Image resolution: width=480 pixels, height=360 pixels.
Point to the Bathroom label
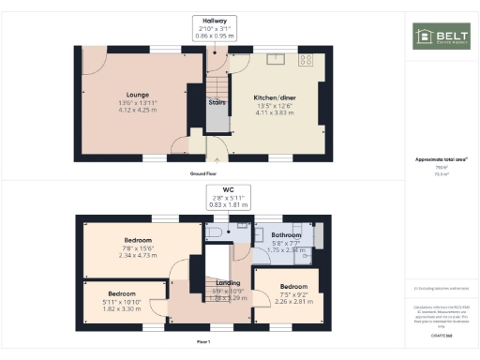pyautogui.click(x=285, y=235)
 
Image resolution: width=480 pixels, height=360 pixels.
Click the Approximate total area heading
pyautogui.click(x=441, y=159)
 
